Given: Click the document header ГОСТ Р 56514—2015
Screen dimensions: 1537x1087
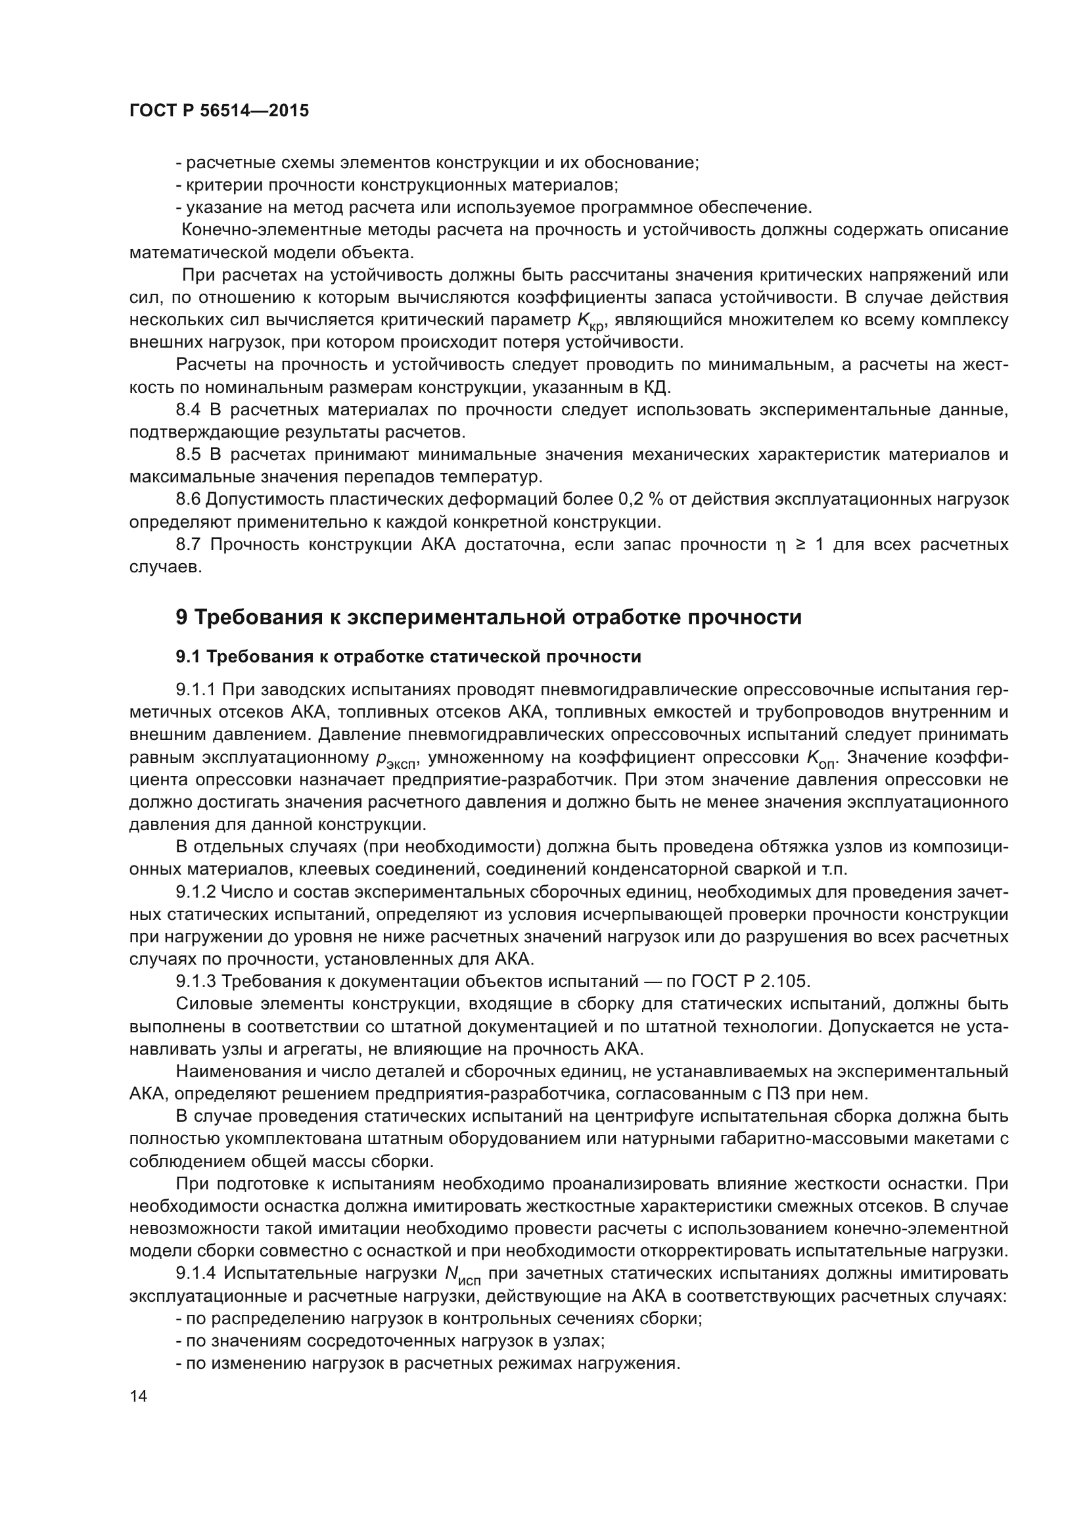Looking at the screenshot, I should click(x=219, y=111).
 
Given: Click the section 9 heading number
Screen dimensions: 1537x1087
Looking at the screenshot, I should click(x=181, y=617).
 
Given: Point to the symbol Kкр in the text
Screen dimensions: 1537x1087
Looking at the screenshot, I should click(x=591, y=321).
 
